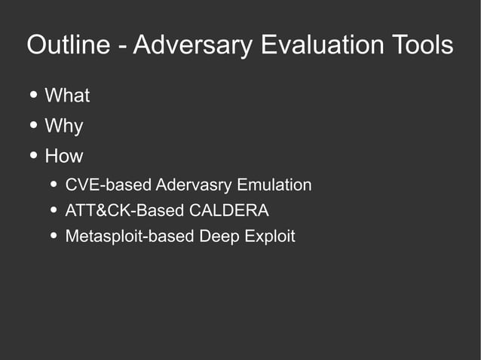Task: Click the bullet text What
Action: click(x=67, y=96)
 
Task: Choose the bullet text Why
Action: click(x=64, y=126)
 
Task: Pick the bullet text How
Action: click(x=64, y=156)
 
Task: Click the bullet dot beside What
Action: click(x=34, y=96)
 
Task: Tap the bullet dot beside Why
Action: click(x=34, y=126)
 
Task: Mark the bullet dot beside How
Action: click(x=34, y=156)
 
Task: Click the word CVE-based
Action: click(x=108, y=185)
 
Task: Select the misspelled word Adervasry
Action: click(x=193, y=185)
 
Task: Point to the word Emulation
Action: click(x=274, y=185)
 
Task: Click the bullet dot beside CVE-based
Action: click(x=54, y=185)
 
